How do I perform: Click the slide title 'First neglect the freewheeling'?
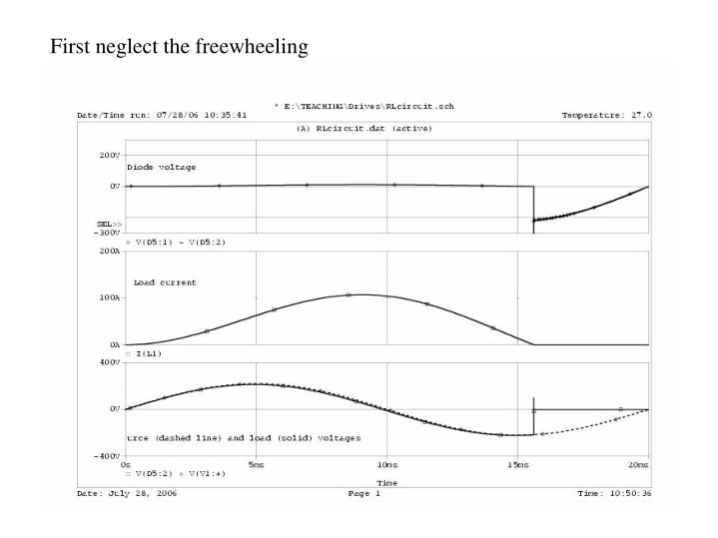(x=180, y=46)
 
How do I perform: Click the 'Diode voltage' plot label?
(x=161, y=167)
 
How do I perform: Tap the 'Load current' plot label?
(x=165, y=282)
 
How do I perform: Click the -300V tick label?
(x=108, y=232)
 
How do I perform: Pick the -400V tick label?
(x=108, y=455)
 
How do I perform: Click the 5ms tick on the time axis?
(x=256, y=465)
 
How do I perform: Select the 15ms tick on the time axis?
(x=517, y=465)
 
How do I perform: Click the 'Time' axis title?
(x=385, y=481)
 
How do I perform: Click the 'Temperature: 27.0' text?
(x=606, y=115)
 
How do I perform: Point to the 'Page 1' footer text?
(x=365, y=493)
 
